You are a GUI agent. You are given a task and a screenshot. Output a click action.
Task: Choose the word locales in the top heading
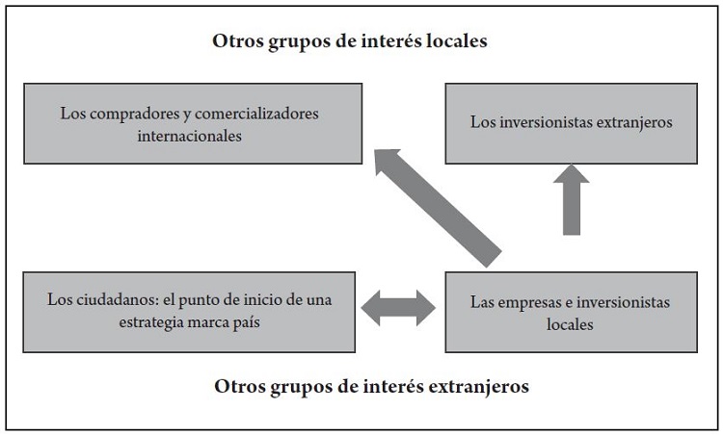[x=464, y=42]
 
